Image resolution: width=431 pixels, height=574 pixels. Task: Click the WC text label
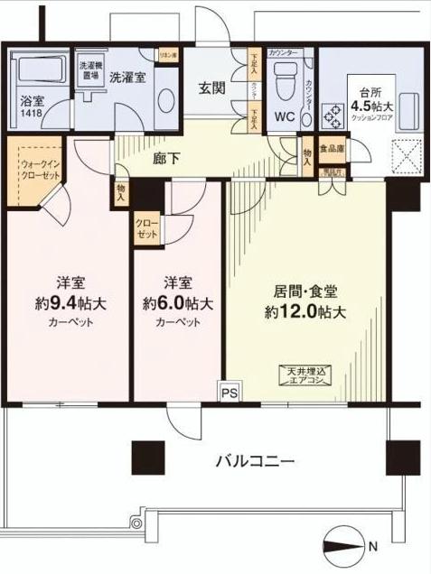(x=285, y=116)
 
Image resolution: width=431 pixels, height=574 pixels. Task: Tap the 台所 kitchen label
(x=370, y=91)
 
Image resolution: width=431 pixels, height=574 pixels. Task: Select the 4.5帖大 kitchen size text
(x=374, y=104)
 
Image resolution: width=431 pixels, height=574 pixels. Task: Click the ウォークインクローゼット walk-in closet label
(x=39, y=171)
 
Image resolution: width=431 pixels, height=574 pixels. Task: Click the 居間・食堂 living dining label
(x=306, y=292)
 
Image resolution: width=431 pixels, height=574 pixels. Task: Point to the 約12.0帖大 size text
(x=306, y=312)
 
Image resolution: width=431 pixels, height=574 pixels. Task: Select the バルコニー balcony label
(x=255, y=461)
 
